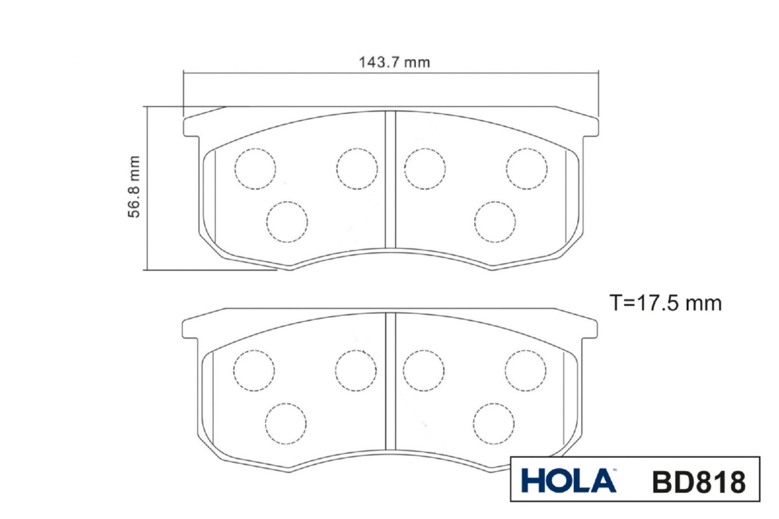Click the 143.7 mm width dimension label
pos(394,62)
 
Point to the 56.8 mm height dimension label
pos(134,187)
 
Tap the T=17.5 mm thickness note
pos(665,303)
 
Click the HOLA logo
pos(569,481)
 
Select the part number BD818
pos(699,482)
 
